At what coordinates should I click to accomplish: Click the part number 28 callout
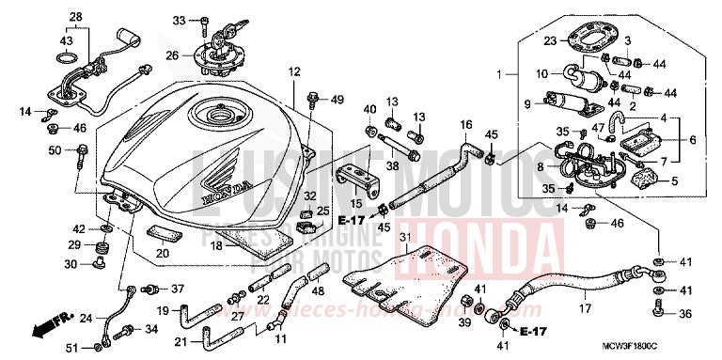click(76, 18)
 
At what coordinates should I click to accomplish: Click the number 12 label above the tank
click(293, 71)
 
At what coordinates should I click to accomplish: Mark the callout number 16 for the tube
click(465, 124)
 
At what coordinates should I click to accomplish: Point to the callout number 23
click(550, 40)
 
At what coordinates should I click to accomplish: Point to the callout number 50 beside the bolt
click(55, 151)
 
